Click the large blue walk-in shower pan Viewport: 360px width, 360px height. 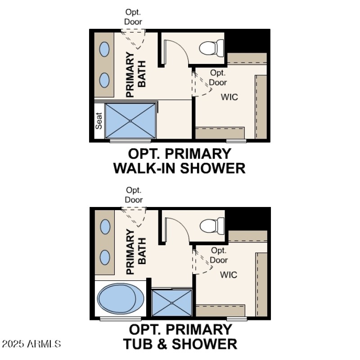[130, 121]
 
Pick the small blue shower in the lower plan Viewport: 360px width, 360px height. [172, 303]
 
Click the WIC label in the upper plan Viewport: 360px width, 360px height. [229, 97]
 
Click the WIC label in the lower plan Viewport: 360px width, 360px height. [229, 274]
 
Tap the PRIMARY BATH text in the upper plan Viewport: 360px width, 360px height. [135, 75]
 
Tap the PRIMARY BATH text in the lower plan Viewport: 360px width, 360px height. [135, 252]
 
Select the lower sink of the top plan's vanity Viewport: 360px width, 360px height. [104, 80]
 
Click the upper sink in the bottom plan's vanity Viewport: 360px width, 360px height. [105, 226]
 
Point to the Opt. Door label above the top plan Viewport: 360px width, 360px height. [134, 17]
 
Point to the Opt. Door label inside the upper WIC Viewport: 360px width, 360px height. [218, 77]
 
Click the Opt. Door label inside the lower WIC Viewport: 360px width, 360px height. [219, 255]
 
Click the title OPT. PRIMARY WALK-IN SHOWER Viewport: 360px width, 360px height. [179, 161]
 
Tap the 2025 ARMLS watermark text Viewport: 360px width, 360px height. [31, 344]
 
